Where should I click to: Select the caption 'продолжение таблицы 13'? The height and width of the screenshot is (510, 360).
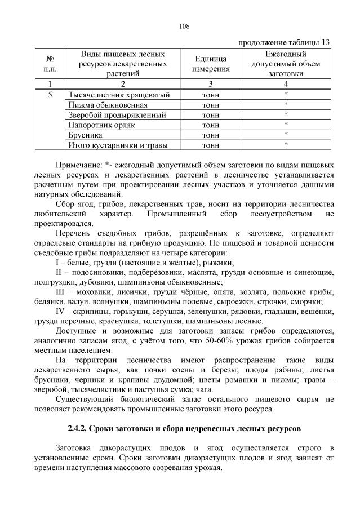pyautogui.click(x=284, y=42)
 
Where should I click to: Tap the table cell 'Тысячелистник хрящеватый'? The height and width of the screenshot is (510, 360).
pyautogui.click(x=118, y=95)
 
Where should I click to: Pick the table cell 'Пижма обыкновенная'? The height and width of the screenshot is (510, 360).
pyautogui.click(x=108, y=105)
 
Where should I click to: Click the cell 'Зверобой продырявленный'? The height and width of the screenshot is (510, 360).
pyautogui.click(x=117, y=115)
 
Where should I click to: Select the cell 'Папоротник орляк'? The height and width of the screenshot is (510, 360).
pyautogui.click(x=101, y=125)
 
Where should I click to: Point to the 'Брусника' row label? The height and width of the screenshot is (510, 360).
pyautogui.click(x=85, y=135)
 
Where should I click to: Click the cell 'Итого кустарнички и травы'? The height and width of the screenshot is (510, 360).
pyautogui.click(x=117, y=145)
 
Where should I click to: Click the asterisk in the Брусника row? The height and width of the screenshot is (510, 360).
pyautogui.click(x=286, y=135)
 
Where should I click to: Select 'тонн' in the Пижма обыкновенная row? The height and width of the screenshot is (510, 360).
pyautogui.click(x=211, y=105)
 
